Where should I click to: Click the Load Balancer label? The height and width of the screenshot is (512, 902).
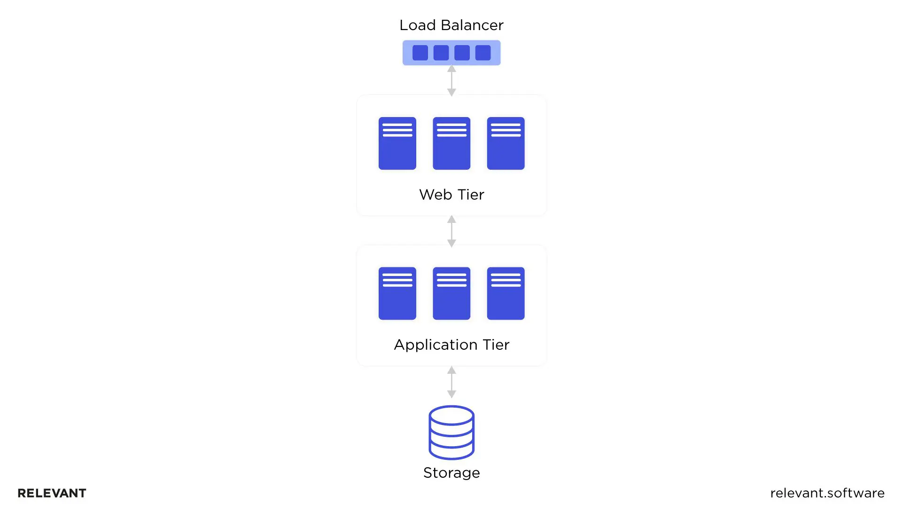451,25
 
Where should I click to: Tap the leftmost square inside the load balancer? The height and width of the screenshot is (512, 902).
420,53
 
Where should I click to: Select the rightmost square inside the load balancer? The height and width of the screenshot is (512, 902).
483,53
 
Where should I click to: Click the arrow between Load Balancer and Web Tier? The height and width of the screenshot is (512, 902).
451,80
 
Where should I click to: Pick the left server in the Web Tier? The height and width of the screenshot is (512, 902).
397,143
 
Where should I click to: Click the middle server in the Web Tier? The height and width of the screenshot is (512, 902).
451,143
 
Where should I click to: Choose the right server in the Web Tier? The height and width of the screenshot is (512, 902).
505,143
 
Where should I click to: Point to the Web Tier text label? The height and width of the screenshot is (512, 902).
451,195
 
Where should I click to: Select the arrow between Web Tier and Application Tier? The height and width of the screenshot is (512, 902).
451,231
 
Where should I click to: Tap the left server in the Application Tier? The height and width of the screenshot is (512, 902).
397,293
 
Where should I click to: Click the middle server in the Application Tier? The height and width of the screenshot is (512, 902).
451,293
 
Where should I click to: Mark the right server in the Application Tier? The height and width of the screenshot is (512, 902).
505,293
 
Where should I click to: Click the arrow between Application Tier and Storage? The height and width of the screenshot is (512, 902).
451,382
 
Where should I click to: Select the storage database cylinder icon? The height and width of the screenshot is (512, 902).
451,433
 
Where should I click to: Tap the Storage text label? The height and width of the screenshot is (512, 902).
451,473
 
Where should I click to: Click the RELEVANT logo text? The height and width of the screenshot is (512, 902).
52,493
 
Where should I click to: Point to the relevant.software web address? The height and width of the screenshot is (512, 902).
827,493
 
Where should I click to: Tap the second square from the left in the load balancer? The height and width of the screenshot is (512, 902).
441,53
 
